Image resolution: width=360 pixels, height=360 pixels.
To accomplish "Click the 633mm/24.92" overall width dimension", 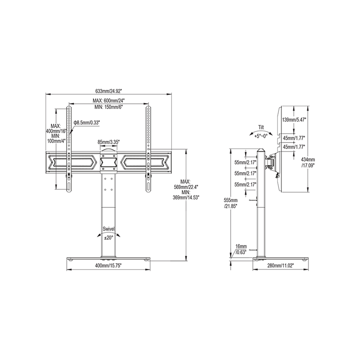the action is (x=109, y=91).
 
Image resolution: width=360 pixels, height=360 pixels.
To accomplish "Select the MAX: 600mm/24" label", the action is (x=109, y=100).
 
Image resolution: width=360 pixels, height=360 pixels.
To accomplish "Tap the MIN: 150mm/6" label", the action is (x=109, y=107).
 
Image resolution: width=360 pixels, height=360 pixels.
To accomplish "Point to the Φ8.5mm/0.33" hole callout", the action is (x=87, y=123).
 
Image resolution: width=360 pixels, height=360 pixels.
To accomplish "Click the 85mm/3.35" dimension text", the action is (x=108, y=142).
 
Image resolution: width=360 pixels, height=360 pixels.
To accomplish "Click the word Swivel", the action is (x=108, y=229).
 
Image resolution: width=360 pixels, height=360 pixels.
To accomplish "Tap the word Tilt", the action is (x=261, y=127).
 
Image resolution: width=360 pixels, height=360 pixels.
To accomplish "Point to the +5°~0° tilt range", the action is (x=261, y=136).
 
